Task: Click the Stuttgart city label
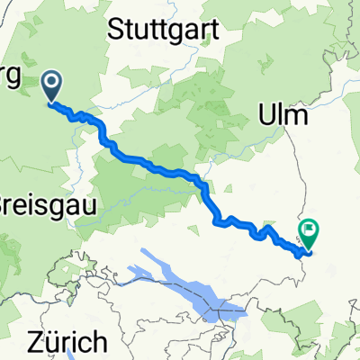[165, 30]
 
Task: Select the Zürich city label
[67, 343]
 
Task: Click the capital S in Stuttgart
[114, 29]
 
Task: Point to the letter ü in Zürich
[50, 343]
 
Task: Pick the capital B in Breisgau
[4, 199]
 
